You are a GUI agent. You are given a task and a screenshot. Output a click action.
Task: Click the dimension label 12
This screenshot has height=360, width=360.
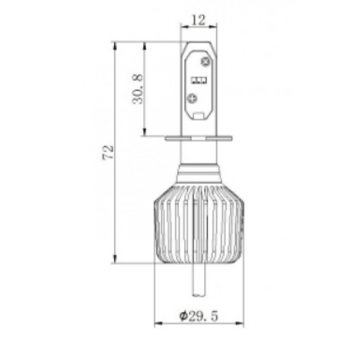[198, 20]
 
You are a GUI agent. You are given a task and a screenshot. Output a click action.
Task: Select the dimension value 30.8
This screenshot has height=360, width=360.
[137, 89]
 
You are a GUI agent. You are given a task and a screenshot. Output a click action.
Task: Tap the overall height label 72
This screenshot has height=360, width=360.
[107, 152]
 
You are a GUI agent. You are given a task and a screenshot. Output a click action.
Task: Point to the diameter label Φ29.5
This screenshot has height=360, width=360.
[199, 316]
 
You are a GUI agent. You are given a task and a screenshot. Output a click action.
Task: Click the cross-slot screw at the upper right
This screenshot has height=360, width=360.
[205, 61]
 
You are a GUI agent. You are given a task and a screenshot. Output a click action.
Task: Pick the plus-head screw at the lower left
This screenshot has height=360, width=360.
[192, 99]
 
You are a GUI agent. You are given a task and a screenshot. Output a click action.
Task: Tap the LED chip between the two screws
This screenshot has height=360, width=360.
[199, 80]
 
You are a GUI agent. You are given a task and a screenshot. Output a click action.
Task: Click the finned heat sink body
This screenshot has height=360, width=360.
[199, 224]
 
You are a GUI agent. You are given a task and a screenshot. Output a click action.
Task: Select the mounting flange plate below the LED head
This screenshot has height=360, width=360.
[199, 138]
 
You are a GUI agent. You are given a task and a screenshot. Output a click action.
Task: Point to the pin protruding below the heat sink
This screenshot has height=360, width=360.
[199, 280]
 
